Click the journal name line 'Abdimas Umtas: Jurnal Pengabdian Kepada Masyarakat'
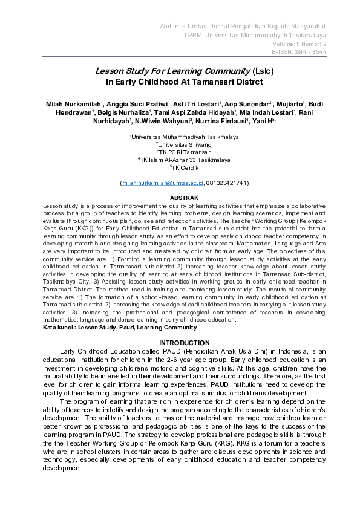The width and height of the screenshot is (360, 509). [x=243, y=27]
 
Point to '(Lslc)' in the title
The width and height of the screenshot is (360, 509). [x=263, y=70]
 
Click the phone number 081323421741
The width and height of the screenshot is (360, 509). [x=227, y=182]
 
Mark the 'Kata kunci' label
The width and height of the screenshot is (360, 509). [x=57, y=328]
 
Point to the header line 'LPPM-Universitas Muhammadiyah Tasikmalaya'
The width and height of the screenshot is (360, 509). [x=255, y=36]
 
